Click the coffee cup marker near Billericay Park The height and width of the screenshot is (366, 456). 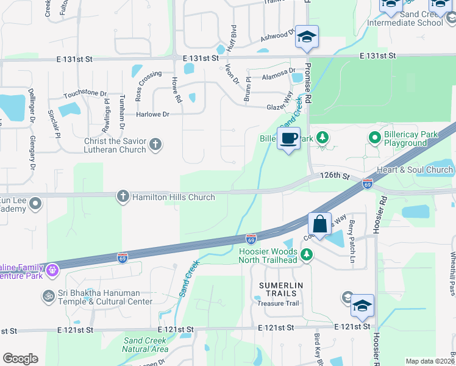click(288, 138)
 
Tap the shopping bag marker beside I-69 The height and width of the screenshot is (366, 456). click(319, 223)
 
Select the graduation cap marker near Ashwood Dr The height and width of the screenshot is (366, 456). click(307, 38)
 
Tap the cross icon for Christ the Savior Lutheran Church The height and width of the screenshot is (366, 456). click(155, 145)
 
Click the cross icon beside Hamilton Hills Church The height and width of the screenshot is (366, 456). click(123, 196)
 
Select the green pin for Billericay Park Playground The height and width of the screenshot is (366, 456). click(374, 138)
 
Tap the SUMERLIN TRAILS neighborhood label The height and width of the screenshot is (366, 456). click(277, 289)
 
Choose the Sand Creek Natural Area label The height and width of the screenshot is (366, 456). click(145, 345)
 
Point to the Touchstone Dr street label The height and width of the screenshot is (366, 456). click(85, 95)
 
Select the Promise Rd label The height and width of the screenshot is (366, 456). click(308, 80)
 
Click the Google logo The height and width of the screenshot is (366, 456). click(20, 359)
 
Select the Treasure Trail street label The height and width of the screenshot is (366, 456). click(277, 303)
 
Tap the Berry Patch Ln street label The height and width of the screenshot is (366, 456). click(351, 237)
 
